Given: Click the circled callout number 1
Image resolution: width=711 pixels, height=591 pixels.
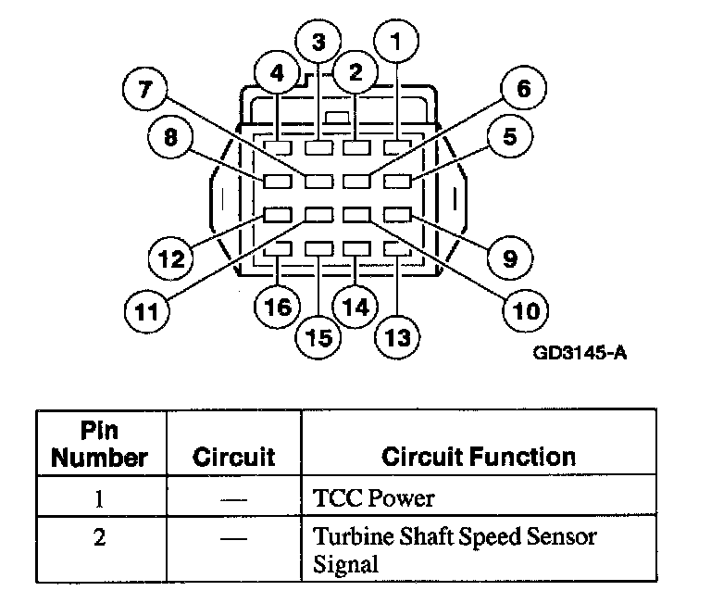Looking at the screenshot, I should tap(397, 42).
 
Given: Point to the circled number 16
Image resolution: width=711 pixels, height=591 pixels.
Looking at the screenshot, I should tap(277, 307).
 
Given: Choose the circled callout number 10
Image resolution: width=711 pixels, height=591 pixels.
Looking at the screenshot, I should tap(525, 309).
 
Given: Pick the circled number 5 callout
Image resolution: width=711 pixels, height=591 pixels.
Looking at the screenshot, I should tap(510, 138).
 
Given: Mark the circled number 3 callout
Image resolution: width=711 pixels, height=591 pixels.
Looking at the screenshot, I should tap(318, 42).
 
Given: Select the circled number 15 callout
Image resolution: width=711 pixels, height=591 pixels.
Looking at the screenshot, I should tap(318, 338).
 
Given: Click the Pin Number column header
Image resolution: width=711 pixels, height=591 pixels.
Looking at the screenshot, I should tap(99, 445).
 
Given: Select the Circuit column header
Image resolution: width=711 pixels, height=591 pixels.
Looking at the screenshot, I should tap(233, 457).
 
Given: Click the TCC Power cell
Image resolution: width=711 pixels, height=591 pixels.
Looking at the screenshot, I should tap(374, 499).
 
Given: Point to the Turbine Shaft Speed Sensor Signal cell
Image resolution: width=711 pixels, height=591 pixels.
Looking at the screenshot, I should tap(455, 549).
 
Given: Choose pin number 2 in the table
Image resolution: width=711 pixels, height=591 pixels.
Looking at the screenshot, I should tap(99, 537).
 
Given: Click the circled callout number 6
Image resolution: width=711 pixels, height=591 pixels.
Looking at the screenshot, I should tap(523, 91).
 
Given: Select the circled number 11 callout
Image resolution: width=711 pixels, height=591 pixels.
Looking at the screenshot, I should tap(146, 309).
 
